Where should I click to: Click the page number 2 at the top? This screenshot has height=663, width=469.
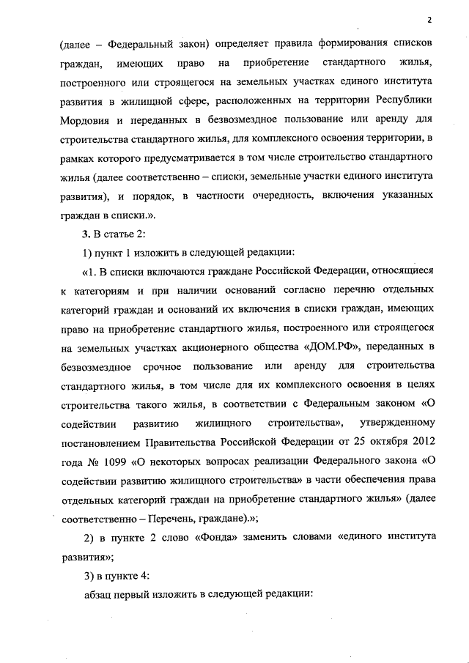[x=430, y=20]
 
